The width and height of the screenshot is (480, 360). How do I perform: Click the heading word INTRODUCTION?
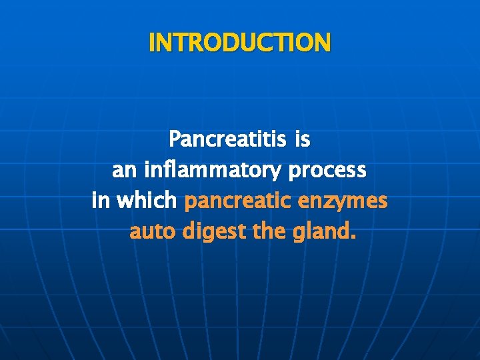240,43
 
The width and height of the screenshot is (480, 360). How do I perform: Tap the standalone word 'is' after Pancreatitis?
302,140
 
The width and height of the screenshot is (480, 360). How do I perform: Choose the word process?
327,171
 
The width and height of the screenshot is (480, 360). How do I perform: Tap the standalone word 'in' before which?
101,201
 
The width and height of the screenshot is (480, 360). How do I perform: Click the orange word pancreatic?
238,201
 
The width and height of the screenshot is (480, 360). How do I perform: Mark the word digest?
213,232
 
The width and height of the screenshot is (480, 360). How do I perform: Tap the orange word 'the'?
267,232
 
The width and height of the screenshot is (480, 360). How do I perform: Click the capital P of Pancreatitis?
175,140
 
